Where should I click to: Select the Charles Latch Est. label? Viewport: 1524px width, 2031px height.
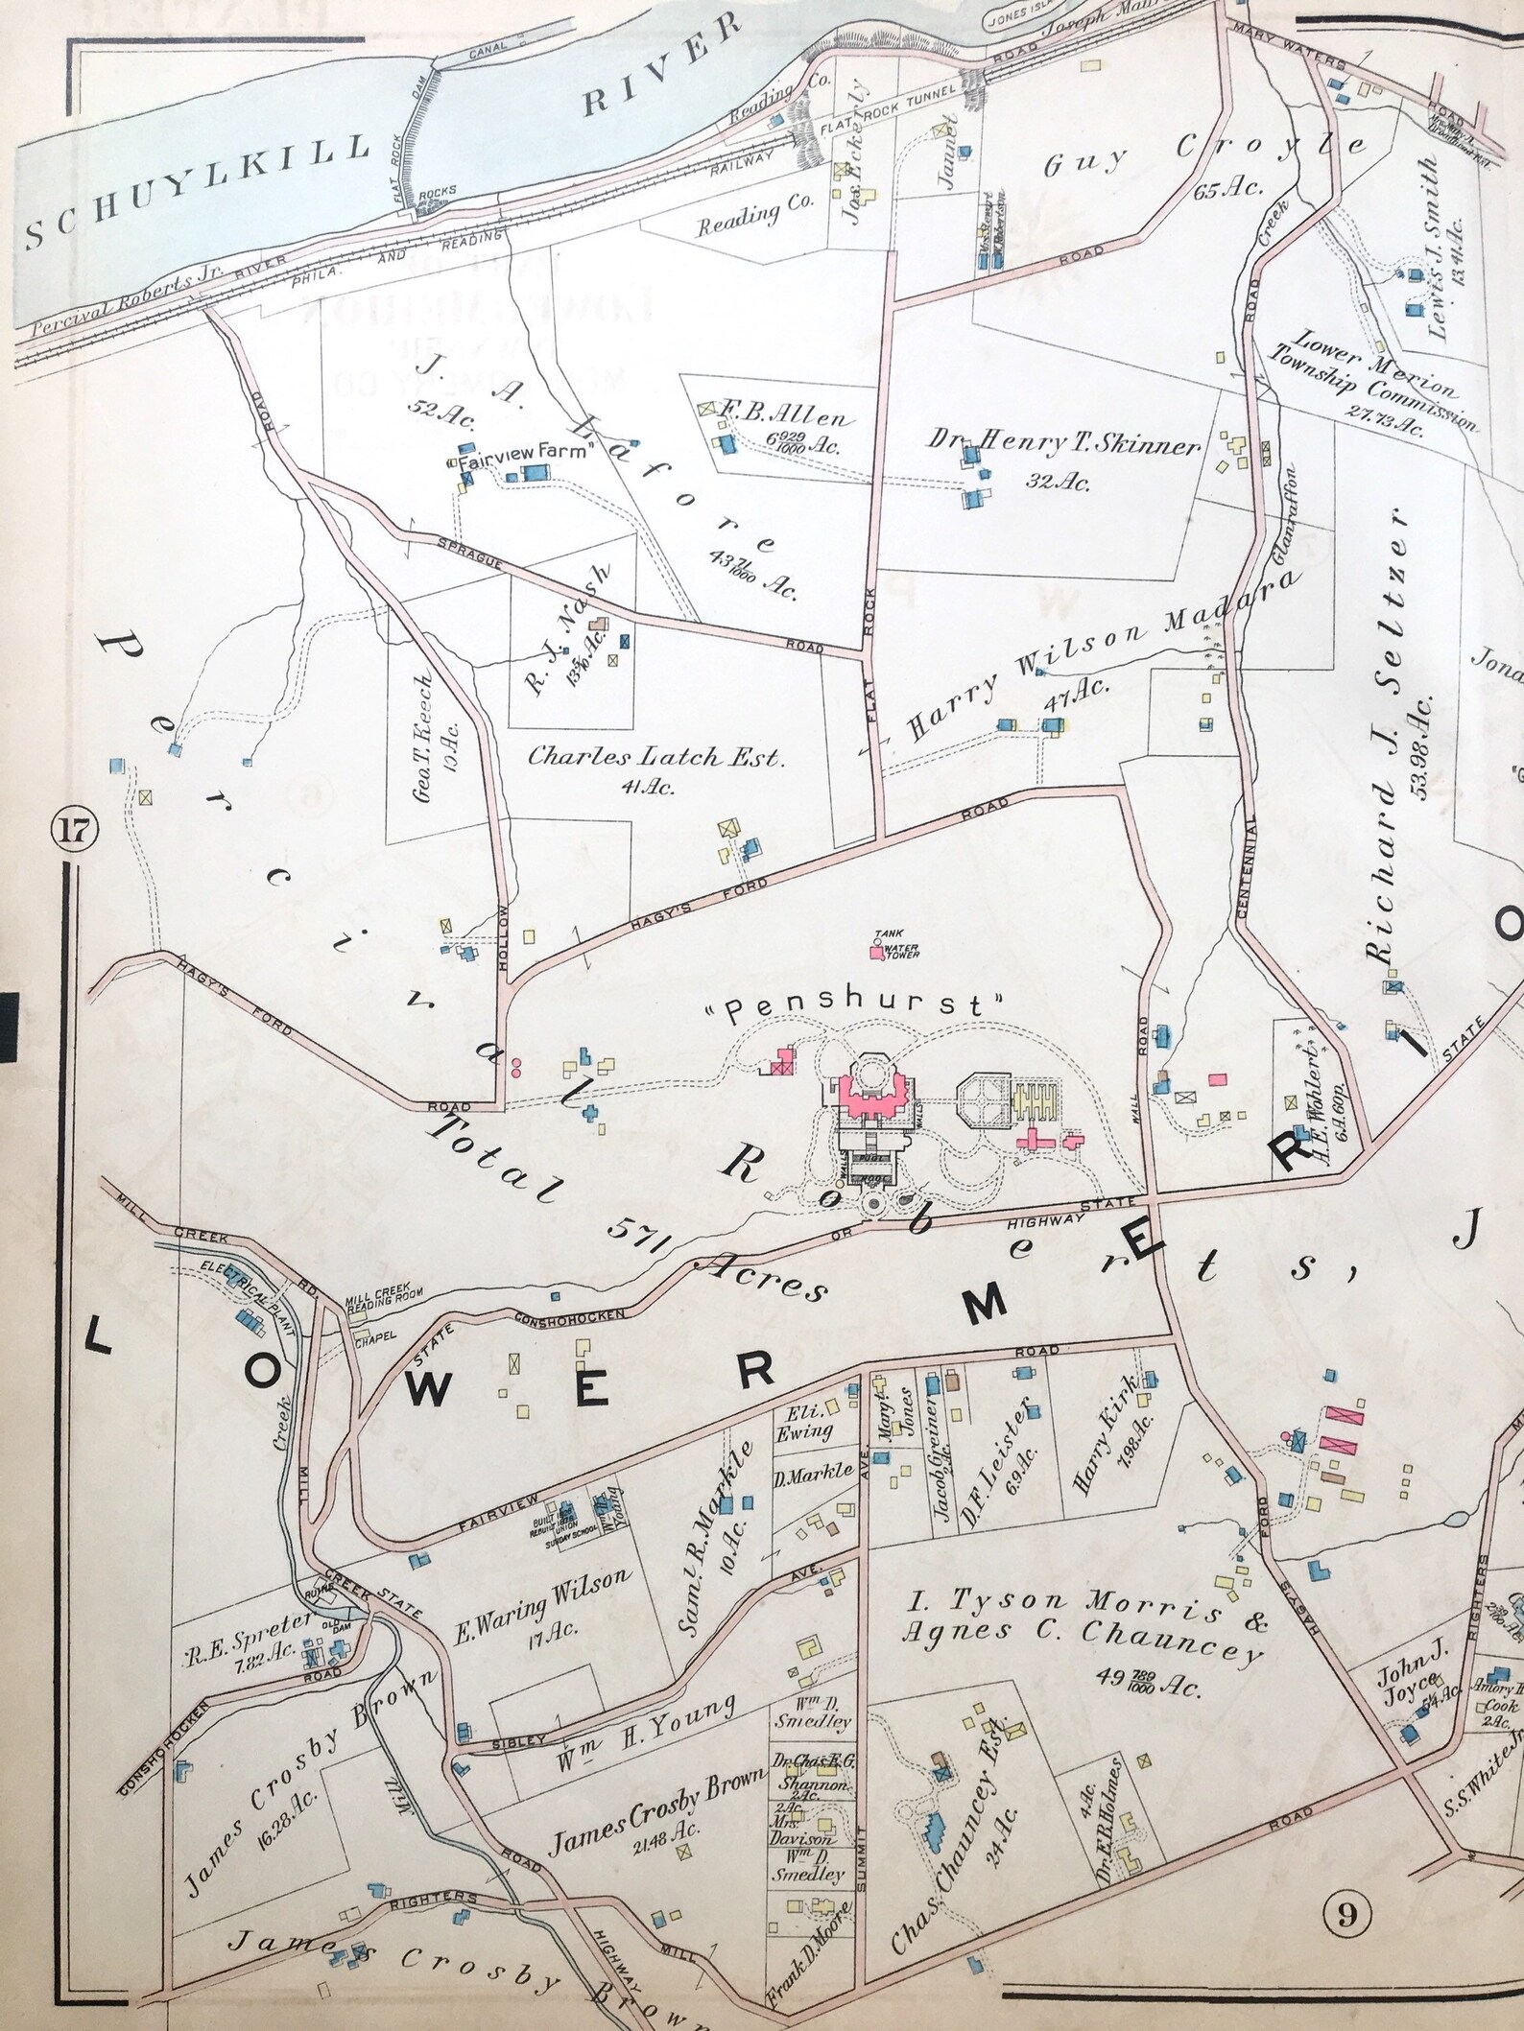[x=656, y=759]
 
